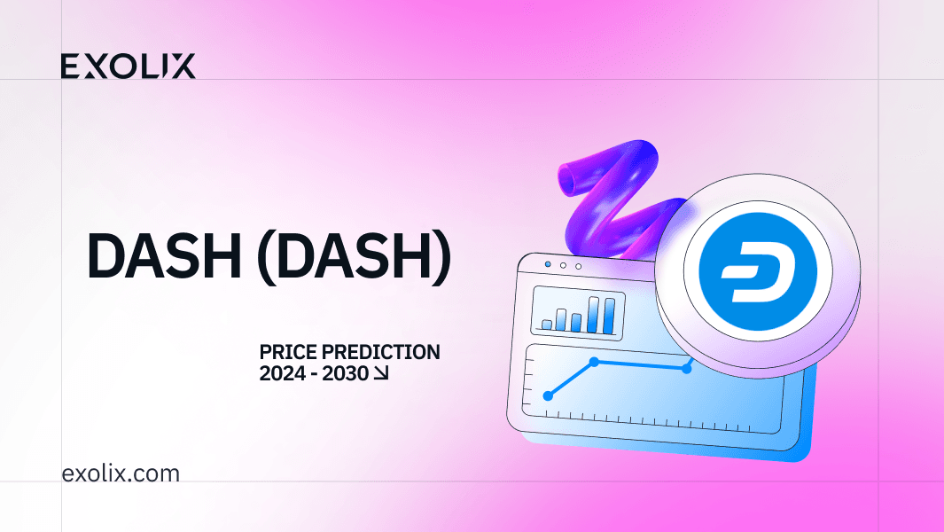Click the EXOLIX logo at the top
tap(129, 66)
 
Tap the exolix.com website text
tap(121, 473)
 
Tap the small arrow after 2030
tap(381, 375)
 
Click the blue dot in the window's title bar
tap(548, 264)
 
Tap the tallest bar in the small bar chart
tap(608, 313)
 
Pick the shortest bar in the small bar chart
tap(547, 325)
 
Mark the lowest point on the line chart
tap(548, 395)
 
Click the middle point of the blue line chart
tap(595, 362)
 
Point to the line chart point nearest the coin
tap(687, 368)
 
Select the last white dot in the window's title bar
tap(579, 265)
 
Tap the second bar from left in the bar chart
tap(561, 318)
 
